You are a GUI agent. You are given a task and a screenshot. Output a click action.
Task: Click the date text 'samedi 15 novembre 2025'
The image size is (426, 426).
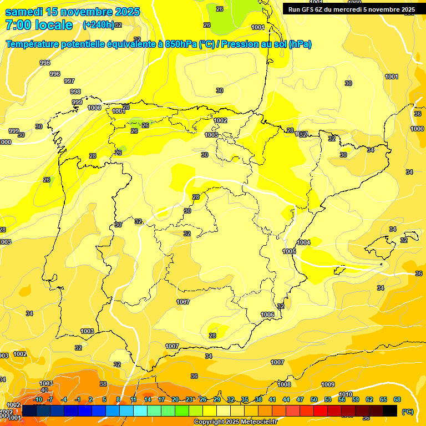[x=72, y=12]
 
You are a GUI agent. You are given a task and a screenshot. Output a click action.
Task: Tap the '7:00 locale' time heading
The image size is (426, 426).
[x=39, y=25]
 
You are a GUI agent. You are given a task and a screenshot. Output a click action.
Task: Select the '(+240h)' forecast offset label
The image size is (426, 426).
[x=98, y=25]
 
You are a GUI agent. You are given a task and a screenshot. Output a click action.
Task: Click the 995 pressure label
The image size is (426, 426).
[x=45, y=63]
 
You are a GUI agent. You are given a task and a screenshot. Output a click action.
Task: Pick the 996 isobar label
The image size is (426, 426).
[x=54, y=74]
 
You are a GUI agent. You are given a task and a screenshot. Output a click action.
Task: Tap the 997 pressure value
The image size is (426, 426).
[x=69, y=81]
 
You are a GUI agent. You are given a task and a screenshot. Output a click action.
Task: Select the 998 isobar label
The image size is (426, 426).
[x=75, y=92]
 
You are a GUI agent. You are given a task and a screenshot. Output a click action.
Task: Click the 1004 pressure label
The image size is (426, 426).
[x=303, y=242]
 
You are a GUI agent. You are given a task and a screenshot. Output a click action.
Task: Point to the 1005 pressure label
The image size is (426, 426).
[x=289, y=251]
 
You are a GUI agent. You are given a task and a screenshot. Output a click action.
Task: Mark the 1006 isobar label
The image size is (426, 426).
[x=267, y=315]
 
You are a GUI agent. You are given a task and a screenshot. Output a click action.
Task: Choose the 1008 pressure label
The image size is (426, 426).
[x=284, y=384]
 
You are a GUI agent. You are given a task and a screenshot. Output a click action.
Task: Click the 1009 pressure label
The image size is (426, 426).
[x=328, y=384]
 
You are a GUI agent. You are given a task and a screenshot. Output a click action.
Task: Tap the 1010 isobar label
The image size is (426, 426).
[x=345, y=394]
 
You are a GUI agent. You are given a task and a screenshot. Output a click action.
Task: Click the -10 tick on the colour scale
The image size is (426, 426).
[x=38, y=399]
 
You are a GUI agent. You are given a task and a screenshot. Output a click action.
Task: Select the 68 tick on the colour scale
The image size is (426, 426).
[x=397, y=399]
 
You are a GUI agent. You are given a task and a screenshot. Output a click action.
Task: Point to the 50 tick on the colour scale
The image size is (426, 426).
[x=314, y=399]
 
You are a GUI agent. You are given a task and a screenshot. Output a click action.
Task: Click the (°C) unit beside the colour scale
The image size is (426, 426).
[x=408, y=412]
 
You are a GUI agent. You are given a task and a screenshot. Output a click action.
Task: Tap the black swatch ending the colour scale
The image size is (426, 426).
[x=390, y=410]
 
